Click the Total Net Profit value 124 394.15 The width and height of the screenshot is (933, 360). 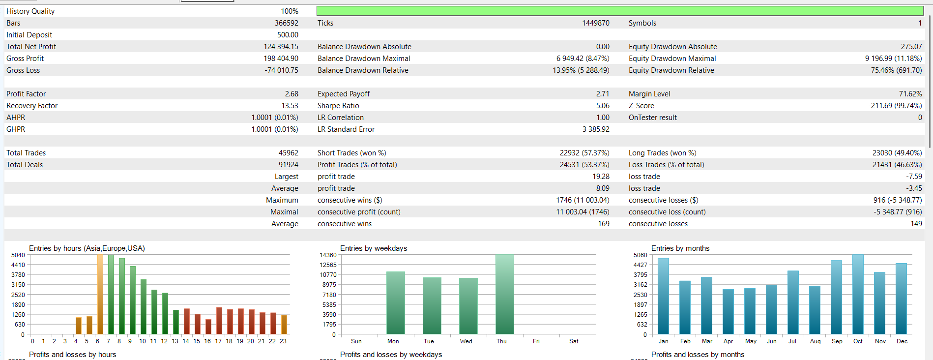click(281, 47)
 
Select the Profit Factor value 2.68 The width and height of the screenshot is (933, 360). click(292, 94)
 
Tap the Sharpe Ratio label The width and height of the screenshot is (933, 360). click(338, 106)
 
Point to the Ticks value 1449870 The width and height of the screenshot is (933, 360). click(596, 23)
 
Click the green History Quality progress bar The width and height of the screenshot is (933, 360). click(619, 11)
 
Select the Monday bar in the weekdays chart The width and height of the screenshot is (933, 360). click(395, 302)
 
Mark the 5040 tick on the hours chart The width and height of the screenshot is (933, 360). click(18, 255)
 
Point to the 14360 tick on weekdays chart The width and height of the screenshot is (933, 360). click(328, 255)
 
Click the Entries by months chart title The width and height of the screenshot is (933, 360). click(680, 248)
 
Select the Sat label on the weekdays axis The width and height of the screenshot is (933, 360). click(574, 341)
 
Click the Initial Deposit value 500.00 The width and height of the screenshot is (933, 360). click(288, 35)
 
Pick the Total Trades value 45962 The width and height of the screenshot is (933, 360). click(288, 153)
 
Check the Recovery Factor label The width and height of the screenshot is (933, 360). click(32, 106)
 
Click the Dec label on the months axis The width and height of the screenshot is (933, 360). click(902, 341)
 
